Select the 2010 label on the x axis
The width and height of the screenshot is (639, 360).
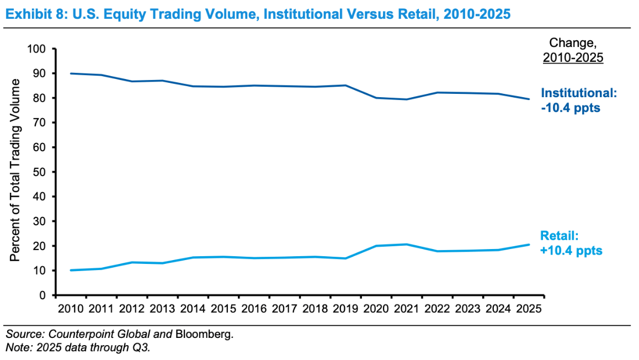point(71,308)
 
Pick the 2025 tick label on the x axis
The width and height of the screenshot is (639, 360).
point(528,308)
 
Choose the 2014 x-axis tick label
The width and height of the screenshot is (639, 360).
point(193,308)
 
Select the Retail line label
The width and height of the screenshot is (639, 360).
point(560,236)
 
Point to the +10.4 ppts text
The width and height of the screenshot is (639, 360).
point(571,251)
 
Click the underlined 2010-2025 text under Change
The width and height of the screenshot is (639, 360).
point(573,57)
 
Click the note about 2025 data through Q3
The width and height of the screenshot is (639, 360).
point(77,347)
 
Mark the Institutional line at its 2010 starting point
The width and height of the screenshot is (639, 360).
point(71,73)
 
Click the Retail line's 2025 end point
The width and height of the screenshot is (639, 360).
point(529,245)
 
